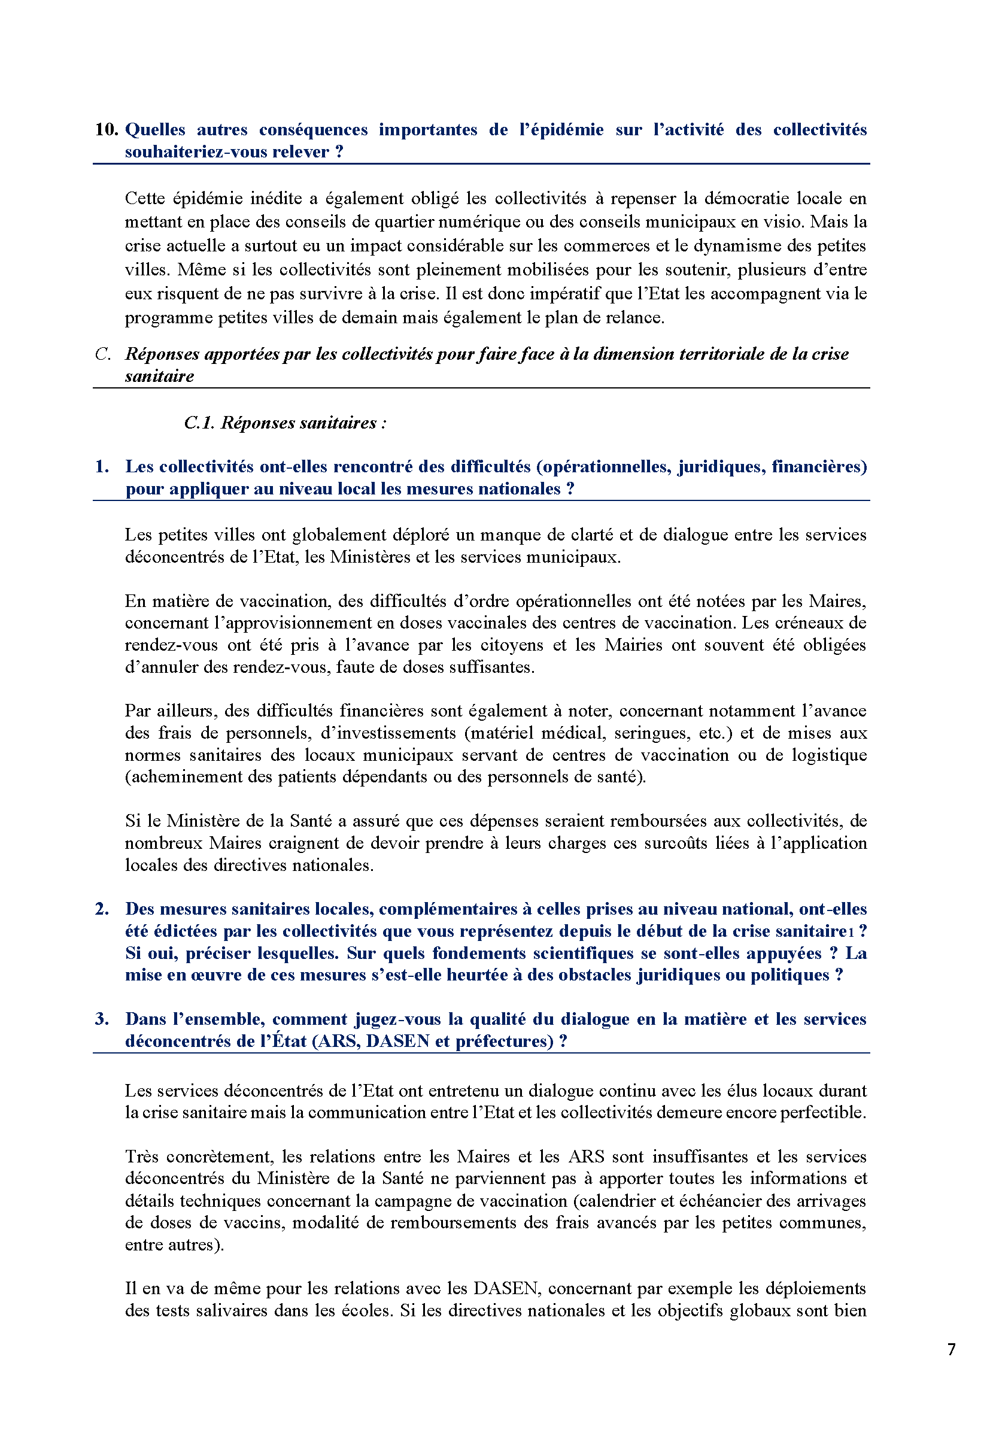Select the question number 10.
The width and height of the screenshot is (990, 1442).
(x=106, y=130)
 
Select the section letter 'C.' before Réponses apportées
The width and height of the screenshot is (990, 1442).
(x=103, y=354)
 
